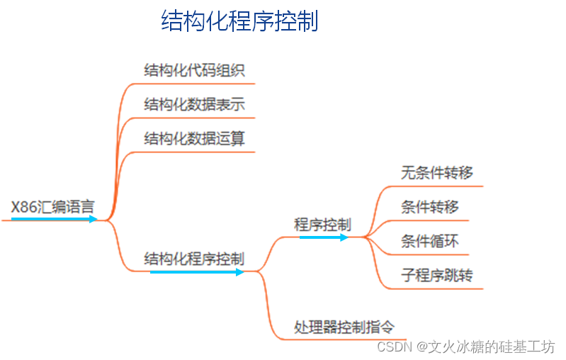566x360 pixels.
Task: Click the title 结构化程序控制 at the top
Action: [239, 21]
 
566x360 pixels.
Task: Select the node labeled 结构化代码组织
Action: [194, 70]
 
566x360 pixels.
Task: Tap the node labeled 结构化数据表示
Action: [194, 104]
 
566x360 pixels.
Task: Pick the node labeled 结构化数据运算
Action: [194, 138]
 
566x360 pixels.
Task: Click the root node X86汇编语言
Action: [52, 208]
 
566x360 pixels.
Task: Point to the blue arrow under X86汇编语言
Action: [54, 220]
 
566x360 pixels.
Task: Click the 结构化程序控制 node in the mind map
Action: [194, 258]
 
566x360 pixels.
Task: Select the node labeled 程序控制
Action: [322, 225]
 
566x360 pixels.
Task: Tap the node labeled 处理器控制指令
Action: [344, 327]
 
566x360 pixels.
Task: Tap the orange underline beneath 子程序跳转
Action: [432, 288]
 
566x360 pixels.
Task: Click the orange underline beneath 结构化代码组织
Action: [191, 84]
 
